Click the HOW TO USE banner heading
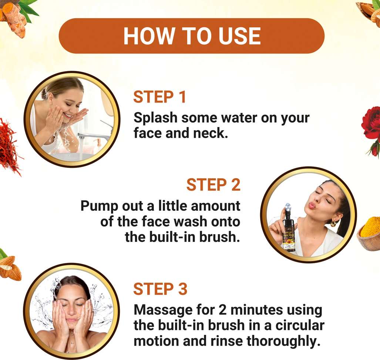coord(192,36)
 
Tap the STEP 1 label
coord(159,97)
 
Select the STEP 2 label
coord(213,185)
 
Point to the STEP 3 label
coord(160,289)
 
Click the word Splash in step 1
coord(155,118)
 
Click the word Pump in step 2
coord(99,206)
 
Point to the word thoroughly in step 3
coord(282,341)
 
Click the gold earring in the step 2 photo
coord(333,223)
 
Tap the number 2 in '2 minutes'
coord(222,310)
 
